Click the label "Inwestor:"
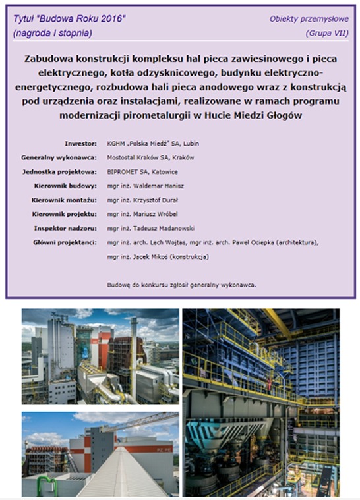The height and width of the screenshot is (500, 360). click(80, 143)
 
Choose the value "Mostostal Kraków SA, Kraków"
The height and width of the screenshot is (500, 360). click(150, 157)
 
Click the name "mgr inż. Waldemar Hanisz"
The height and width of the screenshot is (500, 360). click(146, 186)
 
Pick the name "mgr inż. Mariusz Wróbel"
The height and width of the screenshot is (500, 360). click(144, 215)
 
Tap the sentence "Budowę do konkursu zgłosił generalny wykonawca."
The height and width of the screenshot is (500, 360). click(181, 285)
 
